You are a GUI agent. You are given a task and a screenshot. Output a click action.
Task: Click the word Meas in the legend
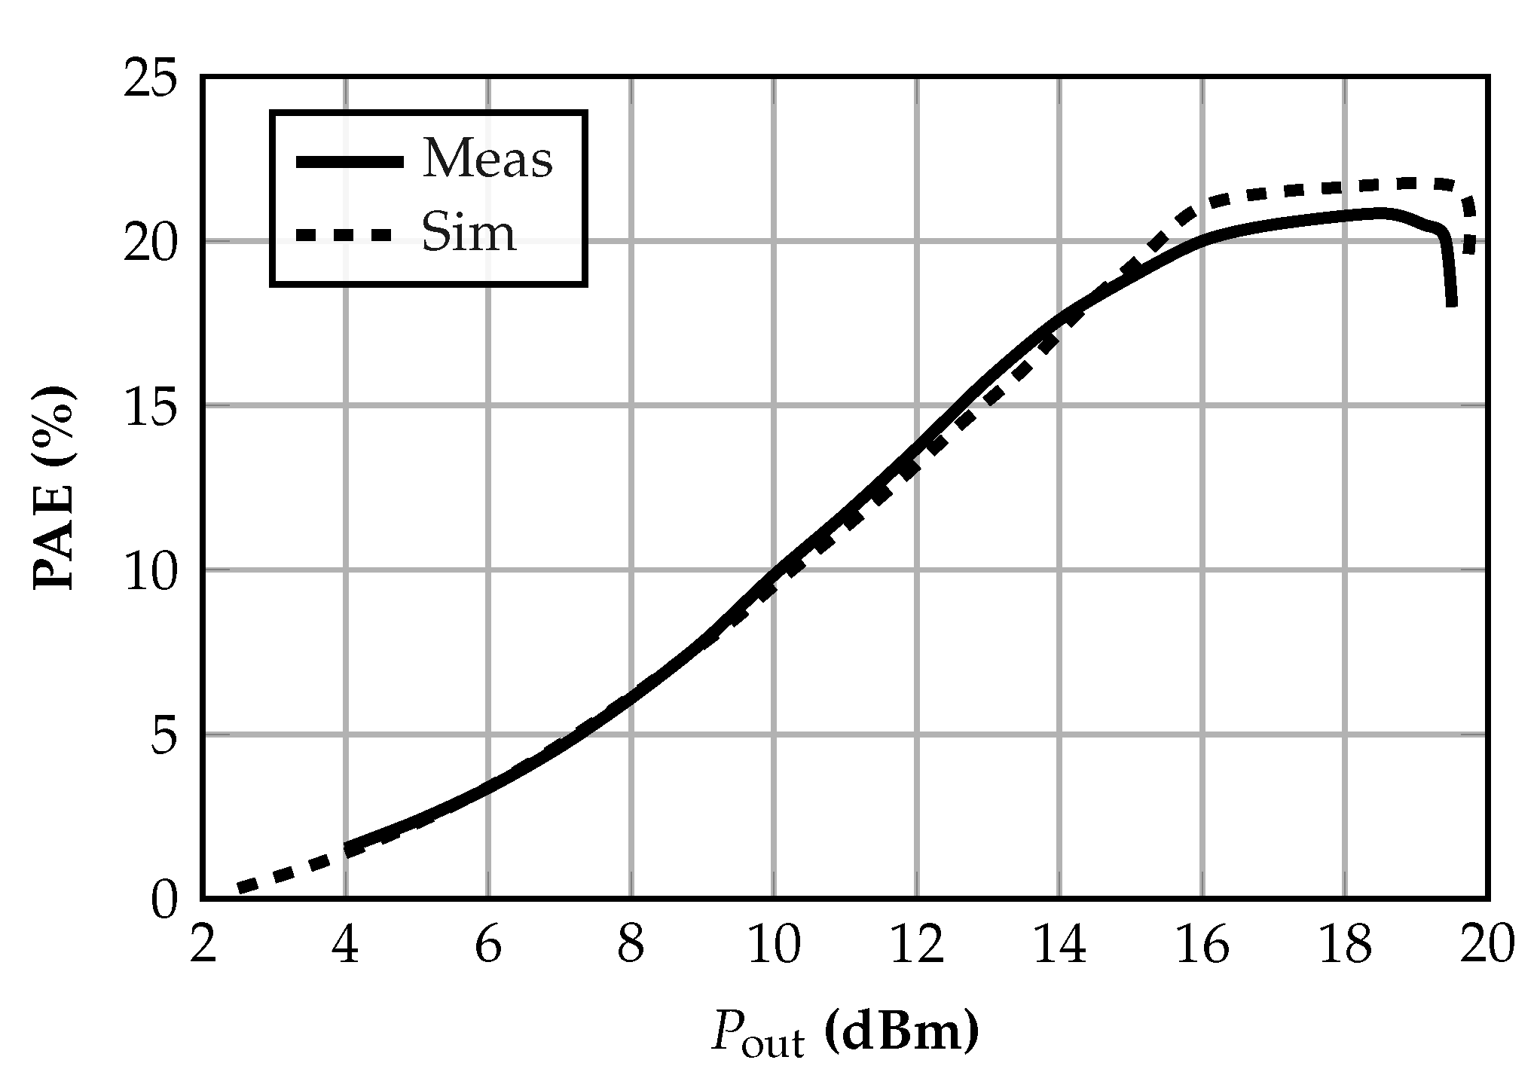tap(487, 160)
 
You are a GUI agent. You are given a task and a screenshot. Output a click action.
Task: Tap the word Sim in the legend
tap(469, 234)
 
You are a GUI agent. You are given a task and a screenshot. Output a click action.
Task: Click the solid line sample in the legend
tap(350, 162)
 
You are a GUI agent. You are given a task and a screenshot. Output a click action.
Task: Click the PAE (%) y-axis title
tap(55, 487)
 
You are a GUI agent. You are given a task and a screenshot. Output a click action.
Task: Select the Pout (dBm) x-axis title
tap(845, 1033)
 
